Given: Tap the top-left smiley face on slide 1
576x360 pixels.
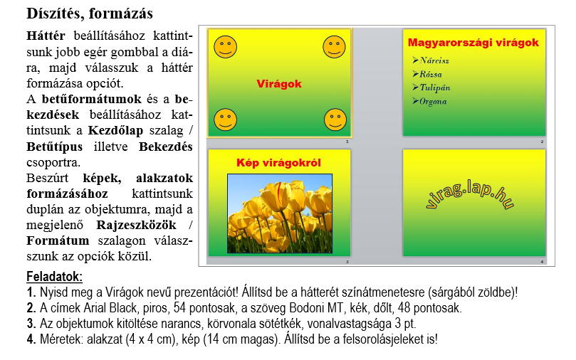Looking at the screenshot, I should [226, 47].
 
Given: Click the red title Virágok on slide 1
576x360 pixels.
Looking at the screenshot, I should [279, 84].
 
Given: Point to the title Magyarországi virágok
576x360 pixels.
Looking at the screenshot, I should [473, 43].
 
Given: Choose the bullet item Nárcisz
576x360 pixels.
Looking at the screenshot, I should [434, 60].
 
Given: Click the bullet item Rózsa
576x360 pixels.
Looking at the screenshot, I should [431, 74].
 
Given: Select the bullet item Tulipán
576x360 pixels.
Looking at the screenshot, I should [435, 88].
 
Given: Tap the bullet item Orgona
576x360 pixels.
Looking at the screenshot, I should [433, 101].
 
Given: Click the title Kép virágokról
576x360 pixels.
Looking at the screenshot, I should [279, 163].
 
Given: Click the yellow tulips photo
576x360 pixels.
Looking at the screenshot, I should [279, 213].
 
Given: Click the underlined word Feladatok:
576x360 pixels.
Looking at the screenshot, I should [54, 277].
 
